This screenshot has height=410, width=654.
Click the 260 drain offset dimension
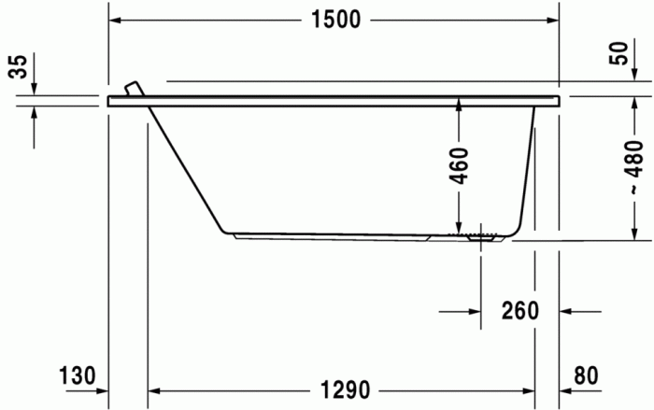(519, 310)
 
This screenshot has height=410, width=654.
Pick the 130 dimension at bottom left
(78, 375)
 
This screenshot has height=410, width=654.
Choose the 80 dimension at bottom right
(586, 375)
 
